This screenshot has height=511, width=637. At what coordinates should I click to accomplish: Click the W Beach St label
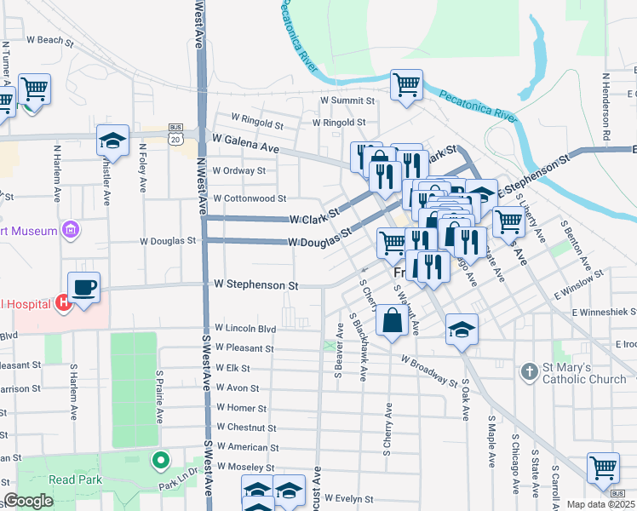(45, 40)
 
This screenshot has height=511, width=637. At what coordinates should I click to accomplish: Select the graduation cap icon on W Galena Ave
(112, 140)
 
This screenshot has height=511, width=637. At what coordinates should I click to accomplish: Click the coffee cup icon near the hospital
(83, 287)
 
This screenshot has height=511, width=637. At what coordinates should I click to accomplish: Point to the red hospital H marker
(61, 301)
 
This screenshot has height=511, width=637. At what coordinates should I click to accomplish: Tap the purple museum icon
(71, 230)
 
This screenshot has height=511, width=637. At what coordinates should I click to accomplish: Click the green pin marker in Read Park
(158, 461)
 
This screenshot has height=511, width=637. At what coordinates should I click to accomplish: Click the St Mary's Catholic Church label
(585, 373)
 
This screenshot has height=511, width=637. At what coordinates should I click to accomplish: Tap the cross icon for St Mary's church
(529, 371)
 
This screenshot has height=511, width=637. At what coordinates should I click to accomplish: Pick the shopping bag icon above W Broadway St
(392, 323)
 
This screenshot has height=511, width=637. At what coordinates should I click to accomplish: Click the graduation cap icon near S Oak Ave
(461, 329)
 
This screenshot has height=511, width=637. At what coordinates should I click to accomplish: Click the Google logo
(28, 501)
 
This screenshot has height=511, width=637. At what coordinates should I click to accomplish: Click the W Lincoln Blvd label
(246, 328)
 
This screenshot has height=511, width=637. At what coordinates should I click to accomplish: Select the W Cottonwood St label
(250, 198)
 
